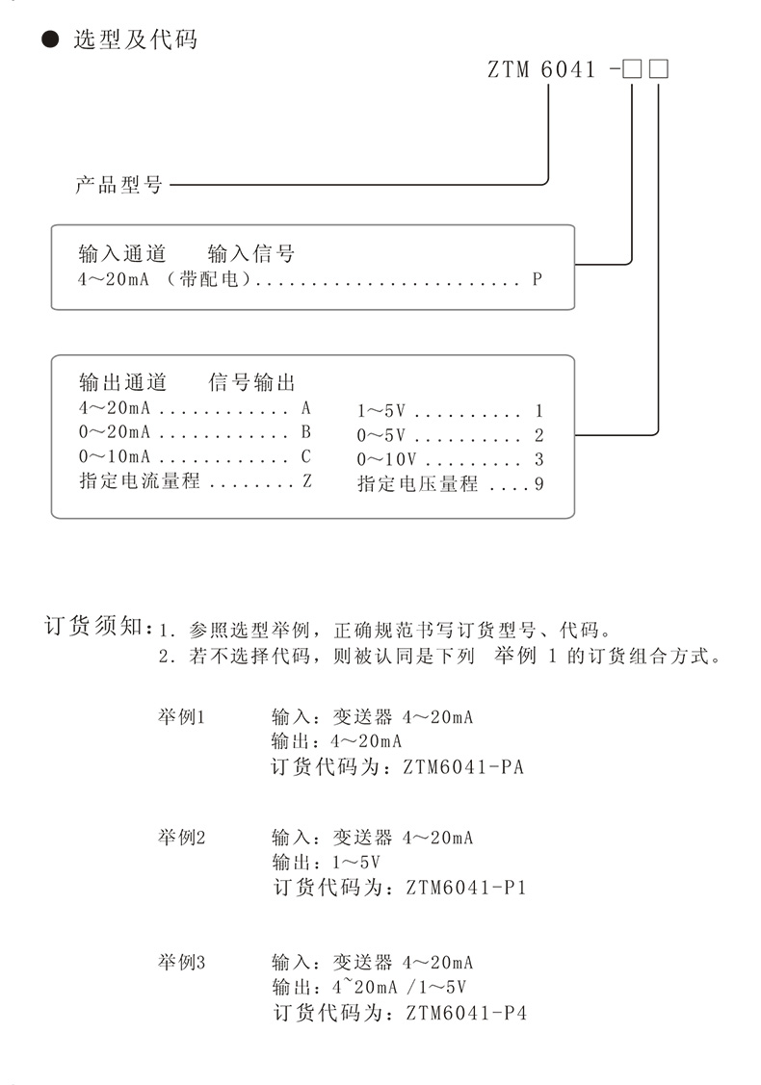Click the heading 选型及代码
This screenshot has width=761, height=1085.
pos(135,40)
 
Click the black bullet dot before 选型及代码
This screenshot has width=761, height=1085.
pos(47,40)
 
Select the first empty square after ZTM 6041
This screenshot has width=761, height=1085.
pos(632,71)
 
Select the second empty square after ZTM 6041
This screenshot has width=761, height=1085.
pos(660,71)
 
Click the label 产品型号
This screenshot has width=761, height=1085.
pos(118,184)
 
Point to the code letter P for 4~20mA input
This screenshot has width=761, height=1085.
pos(537,280)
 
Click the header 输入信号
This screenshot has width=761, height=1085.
pos(251,254)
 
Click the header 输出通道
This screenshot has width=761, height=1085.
pos(122,382)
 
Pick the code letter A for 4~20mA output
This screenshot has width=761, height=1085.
pos(306,407)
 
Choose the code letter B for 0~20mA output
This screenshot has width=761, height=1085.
pos(306,431)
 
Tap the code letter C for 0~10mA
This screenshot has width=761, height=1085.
pos(306,456)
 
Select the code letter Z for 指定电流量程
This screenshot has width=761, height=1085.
pos(307,480)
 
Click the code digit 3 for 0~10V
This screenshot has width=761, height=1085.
pos(539,460)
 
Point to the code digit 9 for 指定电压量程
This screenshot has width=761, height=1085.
pos(539,484)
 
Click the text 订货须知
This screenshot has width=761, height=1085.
pos(93,628)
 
